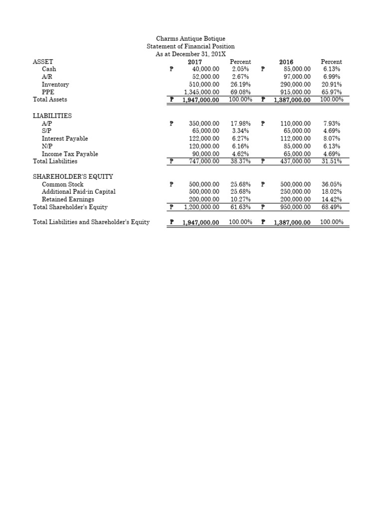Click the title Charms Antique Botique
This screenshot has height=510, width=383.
coord(190,38)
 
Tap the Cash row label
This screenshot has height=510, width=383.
coord(49,69)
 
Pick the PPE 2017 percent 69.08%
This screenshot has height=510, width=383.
coord(240,92)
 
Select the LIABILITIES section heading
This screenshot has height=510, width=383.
coord(52,116)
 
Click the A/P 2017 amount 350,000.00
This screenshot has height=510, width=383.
coord(205,123)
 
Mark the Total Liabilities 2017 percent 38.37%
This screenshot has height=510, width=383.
coord(240,161)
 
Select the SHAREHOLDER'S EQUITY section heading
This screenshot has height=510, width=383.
coord(73,176)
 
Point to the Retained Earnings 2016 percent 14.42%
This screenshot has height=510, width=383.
coord(332,199)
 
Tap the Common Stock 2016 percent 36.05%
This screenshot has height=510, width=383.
coord(332,184)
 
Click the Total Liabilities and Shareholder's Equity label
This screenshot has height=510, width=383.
coord(91,222)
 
